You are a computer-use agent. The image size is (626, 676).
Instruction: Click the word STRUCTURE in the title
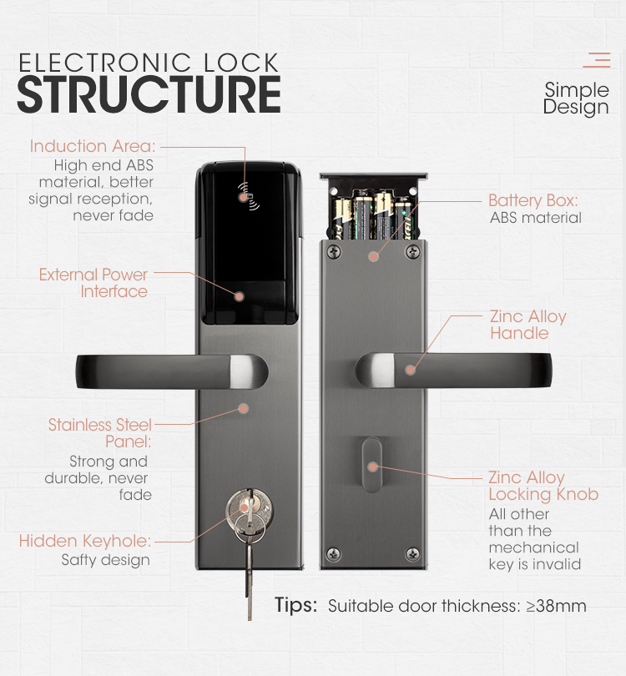[x=149, y=95]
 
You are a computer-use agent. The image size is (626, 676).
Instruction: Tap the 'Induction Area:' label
[x=93, y=146]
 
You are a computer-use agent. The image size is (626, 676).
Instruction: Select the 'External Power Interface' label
[x=93, y=283]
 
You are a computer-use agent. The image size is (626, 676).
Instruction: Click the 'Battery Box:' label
[x=533, y=201]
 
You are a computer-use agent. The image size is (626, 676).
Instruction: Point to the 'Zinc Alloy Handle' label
[x=528, y=325]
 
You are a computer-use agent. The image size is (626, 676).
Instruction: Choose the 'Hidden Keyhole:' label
[x=84, y=542]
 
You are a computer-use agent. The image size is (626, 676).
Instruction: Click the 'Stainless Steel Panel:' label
[x=99, y=433]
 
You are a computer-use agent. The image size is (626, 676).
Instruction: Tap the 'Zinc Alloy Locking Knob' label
[x=543, y=486]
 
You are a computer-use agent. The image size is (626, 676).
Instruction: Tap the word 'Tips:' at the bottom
[x=295, y=606]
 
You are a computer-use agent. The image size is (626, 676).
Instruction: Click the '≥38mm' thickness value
[x=556, y=607]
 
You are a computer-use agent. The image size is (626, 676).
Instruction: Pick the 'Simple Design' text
[x=576, y=98]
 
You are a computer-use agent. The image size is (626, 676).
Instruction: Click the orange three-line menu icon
[x=597, y=60]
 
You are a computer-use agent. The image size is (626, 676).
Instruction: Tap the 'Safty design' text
[x=105, y=560]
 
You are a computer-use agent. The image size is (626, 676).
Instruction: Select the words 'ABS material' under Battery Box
[x=535, y=218]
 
